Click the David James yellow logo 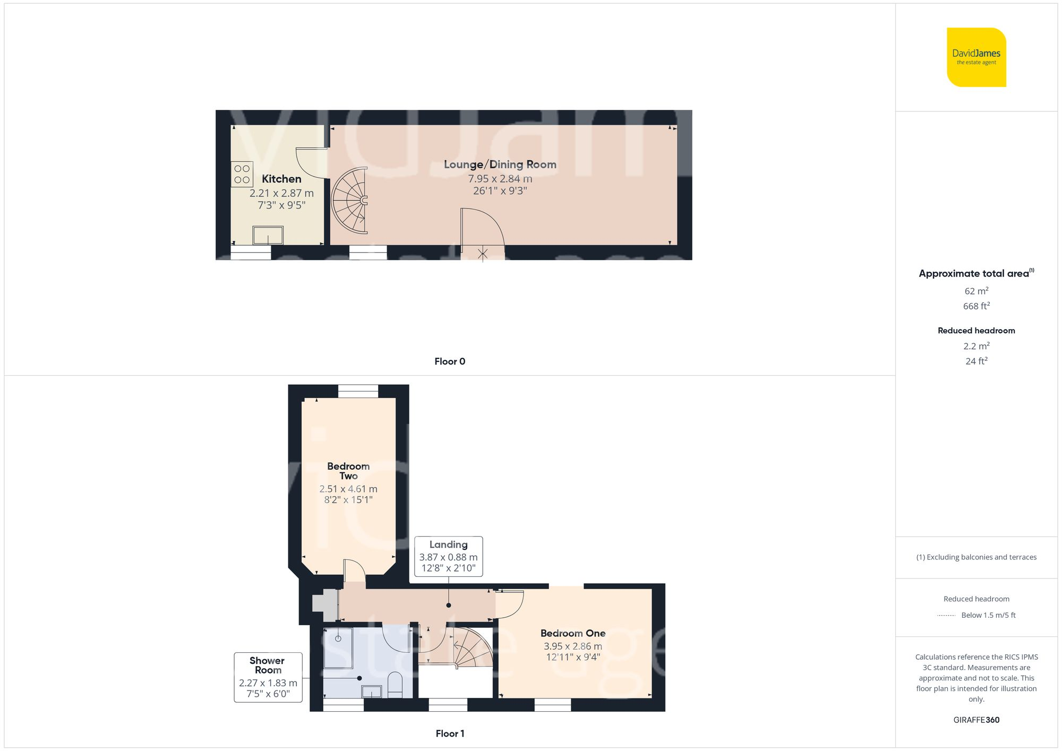[976, 57]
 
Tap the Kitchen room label [281, 179]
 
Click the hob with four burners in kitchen [242, 174]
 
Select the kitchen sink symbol [268, 235]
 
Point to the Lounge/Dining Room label [500, 165]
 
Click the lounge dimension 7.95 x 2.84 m [500, 179]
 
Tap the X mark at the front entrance [482, 254]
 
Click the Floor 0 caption [449, 361]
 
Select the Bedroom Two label [348, 471]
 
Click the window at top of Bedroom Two [358, 391]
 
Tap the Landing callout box [448, 556]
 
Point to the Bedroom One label [572, 633]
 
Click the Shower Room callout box [268, 677]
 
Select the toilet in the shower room [395, 685]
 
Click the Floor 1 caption [449, 733]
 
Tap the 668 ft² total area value [976, 306]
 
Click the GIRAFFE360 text [976, 720]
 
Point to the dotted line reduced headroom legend [946, 616]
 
